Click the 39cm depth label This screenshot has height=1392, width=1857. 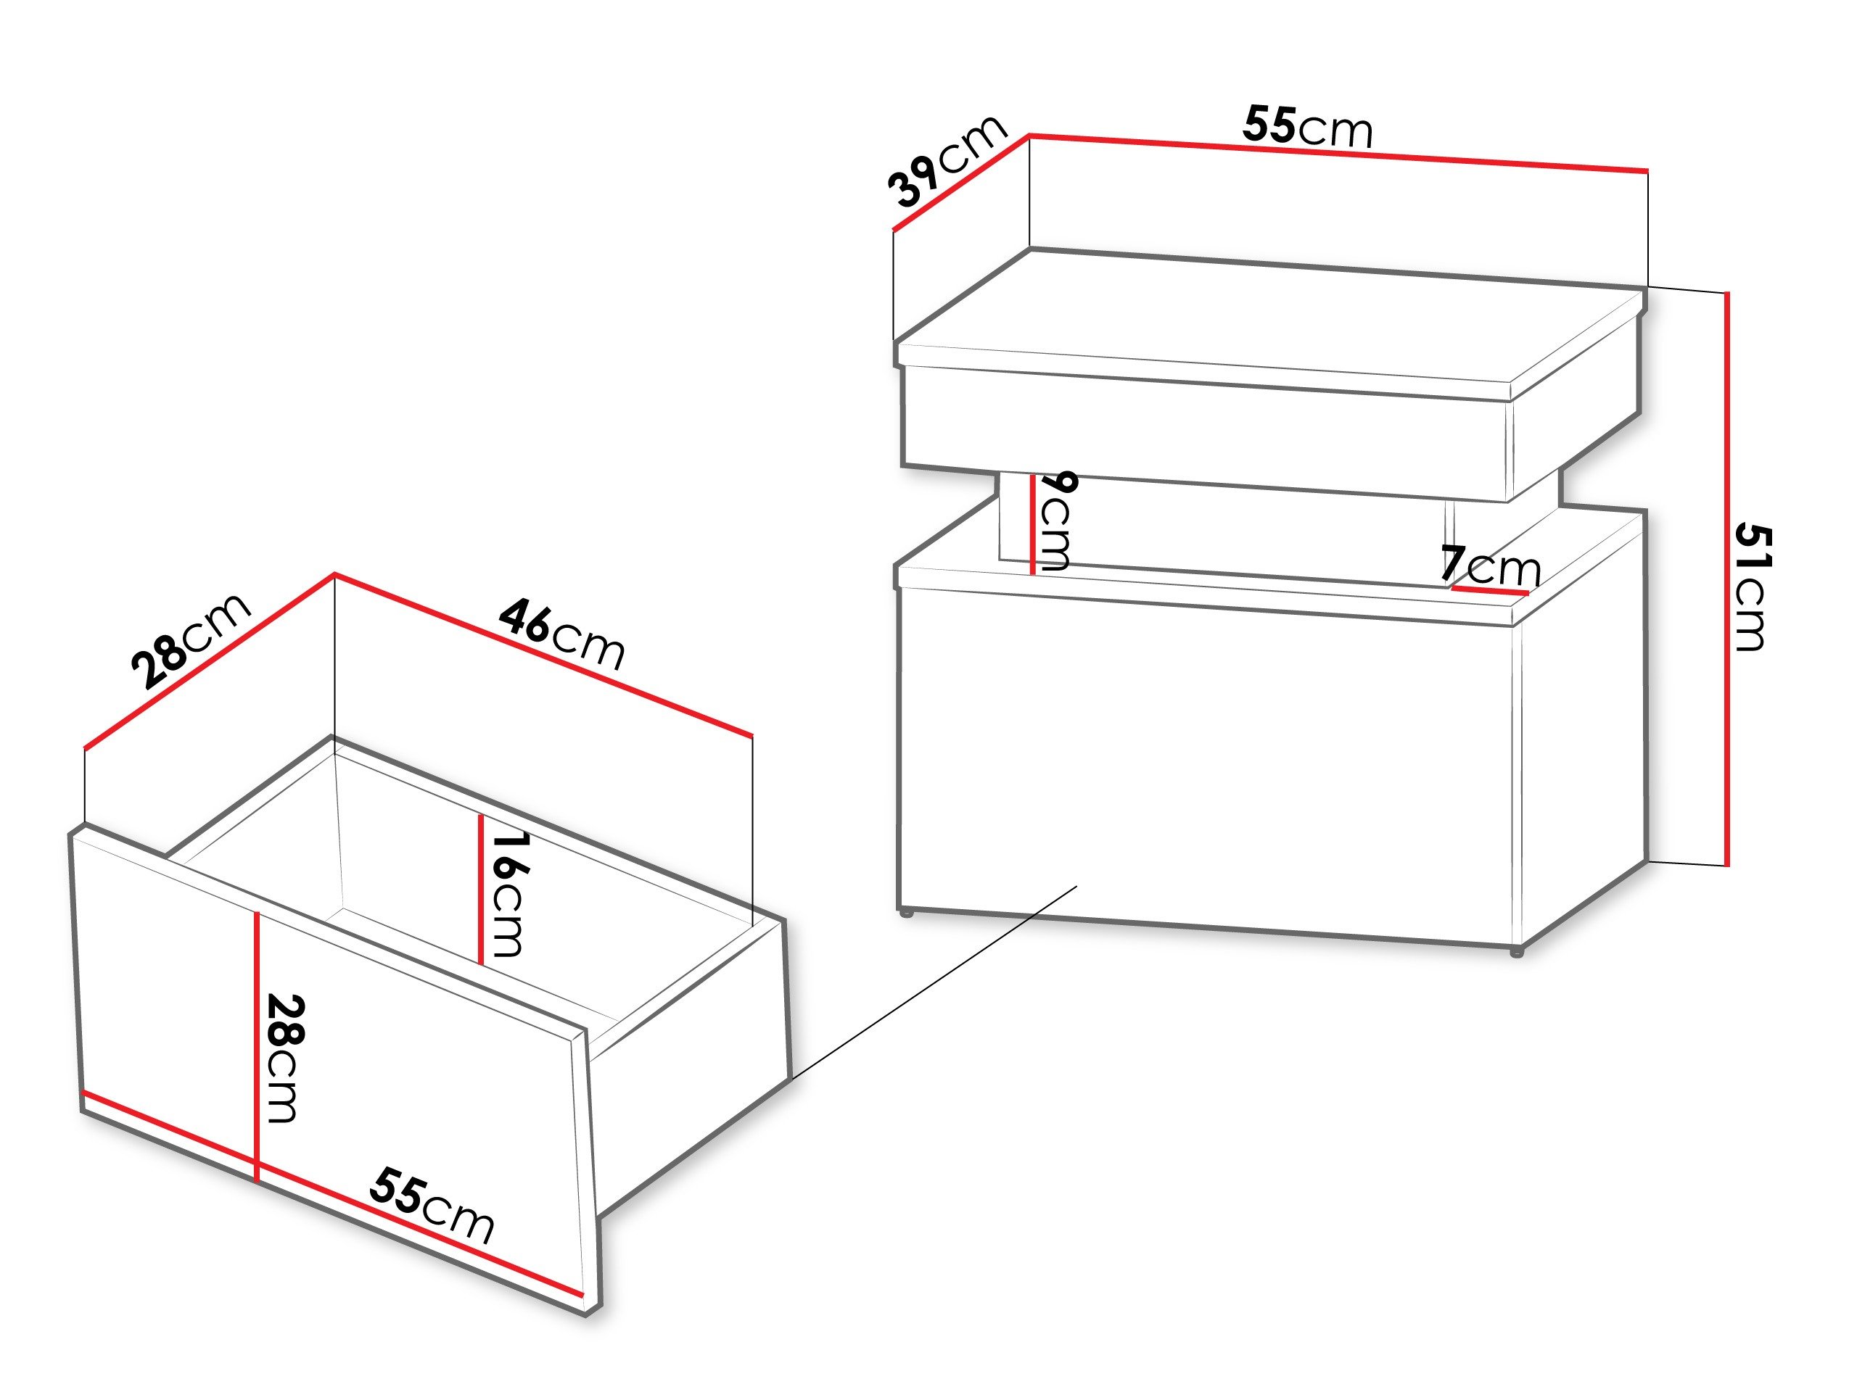pyautogui.click(x=948, y=162)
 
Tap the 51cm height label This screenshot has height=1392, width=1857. pyautogui.click(x=1751, y=587)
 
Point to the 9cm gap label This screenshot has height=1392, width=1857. pyautogui.click(x=1055, y=521)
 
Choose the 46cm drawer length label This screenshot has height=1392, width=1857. pyautogui.click(x=561, y=634)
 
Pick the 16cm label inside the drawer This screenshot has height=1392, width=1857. pyautogui.click(x=508, y=894)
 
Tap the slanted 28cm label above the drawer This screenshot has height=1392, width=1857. pyautogui.click(x=192, y=639)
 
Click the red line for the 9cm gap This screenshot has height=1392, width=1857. pyautogui.click(x=1032, y=523)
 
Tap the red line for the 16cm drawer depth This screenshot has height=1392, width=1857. pyautogui.click(x=480, y=890)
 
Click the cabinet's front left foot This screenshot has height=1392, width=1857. pyautogui.click(x=905, y=912)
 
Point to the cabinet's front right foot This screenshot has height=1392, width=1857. pyautogui.click(x=1515, y=953)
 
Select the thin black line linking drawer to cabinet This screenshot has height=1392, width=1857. pyautogui.click(x=932, y=982)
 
